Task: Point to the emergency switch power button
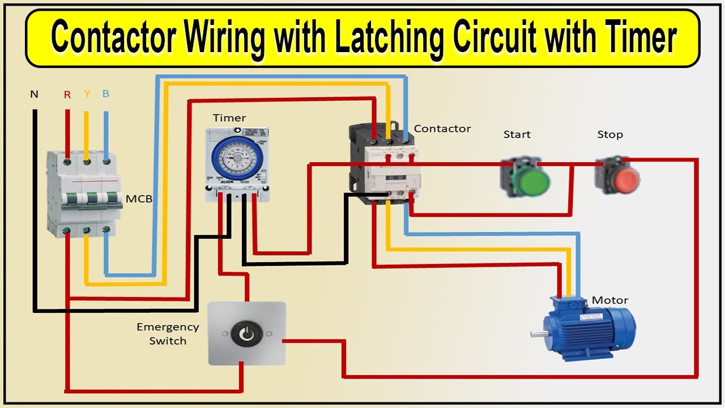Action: tap(247, 334)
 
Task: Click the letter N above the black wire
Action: tap(34, 94)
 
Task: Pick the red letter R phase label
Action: tap(67, 95)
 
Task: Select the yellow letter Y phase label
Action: tap(87, 94)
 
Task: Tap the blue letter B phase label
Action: tap(106, 94)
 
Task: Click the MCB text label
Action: tap(139, 199)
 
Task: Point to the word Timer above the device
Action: tap(229, 118)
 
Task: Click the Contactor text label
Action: tap(442, 129)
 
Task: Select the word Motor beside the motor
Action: tap(610, 300)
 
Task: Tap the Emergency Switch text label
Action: tap(168, 334)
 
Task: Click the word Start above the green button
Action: tap(517, 134)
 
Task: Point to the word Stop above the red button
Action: tap(610, 134)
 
